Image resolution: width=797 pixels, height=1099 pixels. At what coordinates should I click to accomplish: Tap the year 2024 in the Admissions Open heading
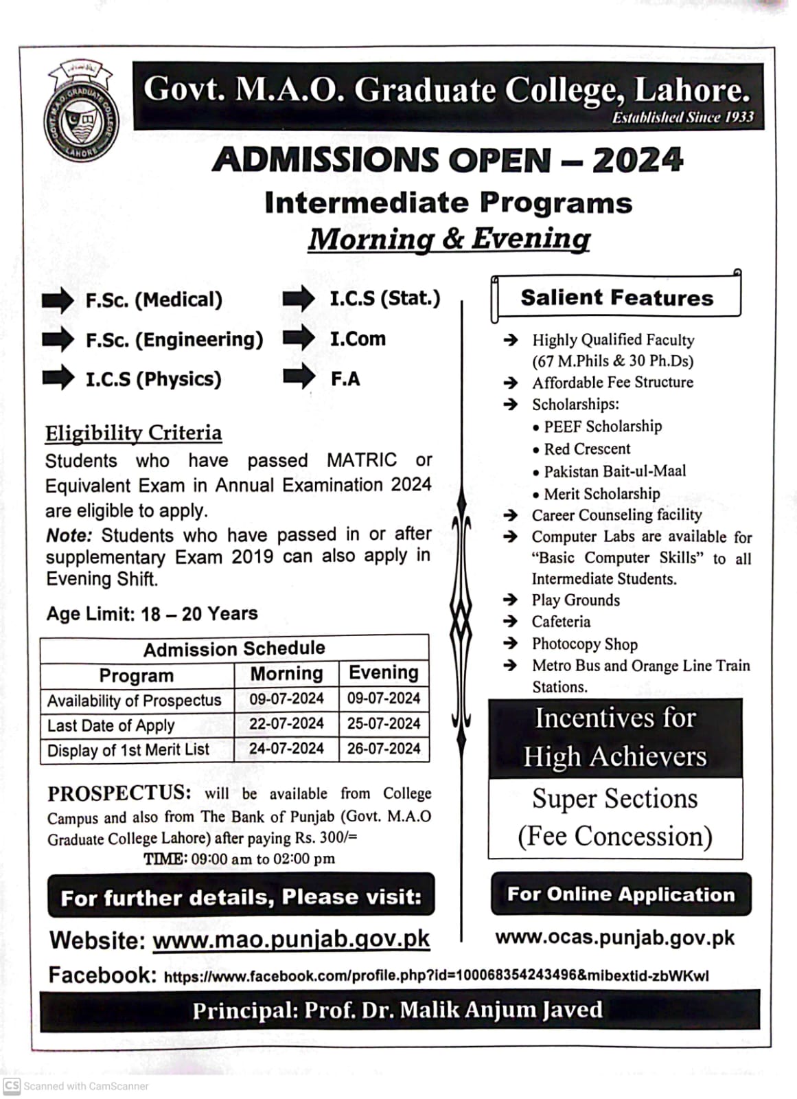[x=638, y=160]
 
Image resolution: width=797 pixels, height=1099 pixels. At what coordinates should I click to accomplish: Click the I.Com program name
[x=358, y=339]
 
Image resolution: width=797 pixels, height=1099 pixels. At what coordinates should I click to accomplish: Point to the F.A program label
[x=345, y=378]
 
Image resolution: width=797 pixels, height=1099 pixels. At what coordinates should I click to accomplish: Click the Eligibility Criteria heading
[x=134, y=433]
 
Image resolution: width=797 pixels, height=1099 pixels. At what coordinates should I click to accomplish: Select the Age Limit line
[x=152, y=613]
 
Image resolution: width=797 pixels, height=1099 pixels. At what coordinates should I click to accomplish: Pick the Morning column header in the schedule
[x=286, y=674]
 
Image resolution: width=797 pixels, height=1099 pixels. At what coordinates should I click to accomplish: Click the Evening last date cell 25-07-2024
[x=384, y=724]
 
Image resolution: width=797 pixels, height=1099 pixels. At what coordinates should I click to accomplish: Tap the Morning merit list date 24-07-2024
[x=286, y=749]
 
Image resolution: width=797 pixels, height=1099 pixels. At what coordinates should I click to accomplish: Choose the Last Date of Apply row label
[x=111, y=725]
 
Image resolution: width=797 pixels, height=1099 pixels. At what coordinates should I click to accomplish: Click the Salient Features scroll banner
[x=616, y=297]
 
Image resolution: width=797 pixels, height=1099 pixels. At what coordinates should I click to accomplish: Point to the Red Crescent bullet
[x=587, y=449]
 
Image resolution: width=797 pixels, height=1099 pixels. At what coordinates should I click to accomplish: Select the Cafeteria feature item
[x=561, y=622]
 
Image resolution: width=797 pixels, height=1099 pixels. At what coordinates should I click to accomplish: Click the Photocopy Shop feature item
[x=584, y=644]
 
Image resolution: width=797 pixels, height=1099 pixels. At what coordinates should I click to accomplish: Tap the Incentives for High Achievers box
[x=615, y=738]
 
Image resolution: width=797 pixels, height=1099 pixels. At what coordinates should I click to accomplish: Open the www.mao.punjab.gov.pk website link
[x=291, y=939]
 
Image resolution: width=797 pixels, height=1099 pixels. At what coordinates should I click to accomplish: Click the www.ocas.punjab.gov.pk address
[x=614, y=938]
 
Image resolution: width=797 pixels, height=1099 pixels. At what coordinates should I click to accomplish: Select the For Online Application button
[x=621, y=894]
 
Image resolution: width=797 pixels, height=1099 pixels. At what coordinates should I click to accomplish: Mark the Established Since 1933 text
[x=682, y=117]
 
